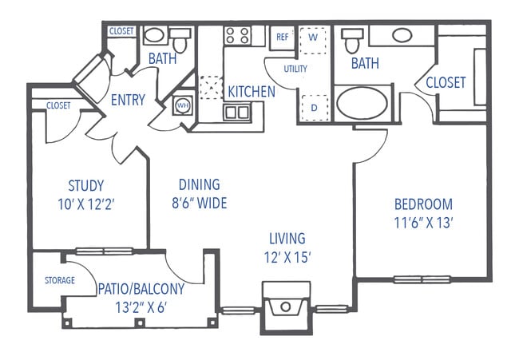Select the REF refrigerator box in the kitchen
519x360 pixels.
pos(282,37)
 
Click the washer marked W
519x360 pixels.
pos(313,38)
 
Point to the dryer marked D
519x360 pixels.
pos(313,106)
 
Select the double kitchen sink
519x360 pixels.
pos(236,112)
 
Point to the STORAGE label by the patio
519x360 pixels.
pos(59,280)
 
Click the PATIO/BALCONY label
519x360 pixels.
pos(141,288)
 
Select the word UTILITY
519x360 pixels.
pos(295,69)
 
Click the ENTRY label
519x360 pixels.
pos(128,100)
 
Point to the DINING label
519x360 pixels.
pos(200,184)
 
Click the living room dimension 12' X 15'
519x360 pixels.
pos(287,257)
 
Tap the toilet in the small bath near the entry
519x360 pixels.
pos(180,41)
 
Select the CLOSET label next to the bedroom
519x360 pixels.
pos(445,83)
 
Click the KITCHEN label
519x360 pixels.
pos(252,91)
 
